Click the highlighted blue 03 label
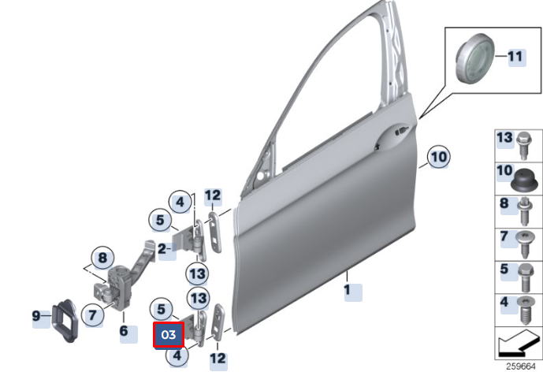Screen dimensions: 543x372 169,334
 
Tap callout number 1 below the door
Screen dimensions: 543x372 347,289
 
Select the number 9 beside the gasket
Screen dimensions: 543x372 36,315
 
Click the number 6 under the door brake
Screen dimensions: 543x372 124,331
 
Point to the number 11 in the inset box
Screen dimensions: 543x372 515,56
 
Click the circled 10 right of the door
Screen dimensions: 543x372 439,157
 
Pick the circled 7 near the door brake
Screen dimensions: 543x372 92,314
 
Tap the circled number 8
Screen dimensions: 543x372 102,258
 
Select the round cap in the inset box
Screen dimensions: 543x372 474,58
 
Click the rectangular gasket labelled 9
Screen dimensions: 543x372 65,321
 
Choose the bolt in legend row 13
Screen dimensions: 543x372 523,146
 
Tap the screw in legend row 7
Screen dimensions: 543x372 526,244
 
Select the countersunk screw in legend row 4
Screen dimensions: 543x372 526,310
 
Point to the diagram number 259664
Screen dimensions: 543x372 520,366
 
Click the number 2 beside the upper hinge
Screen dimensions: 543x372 162,249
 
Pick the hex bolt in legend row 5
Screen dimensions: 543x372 526,277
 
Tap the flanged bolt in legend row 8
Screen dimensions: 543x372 525,210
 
